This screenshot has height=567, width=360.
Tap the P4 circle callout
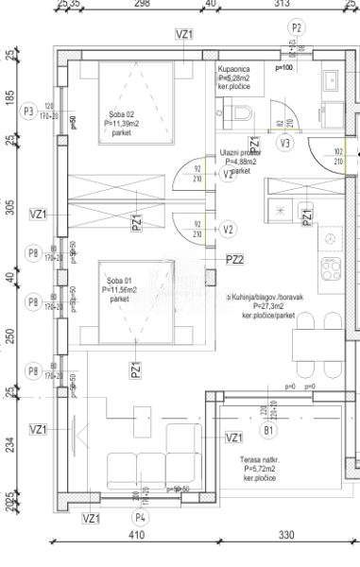(141, 518)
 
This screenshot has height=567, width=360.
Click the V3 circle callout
(285, 144)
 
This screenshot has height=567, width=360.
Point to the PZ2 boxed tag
(235, 259)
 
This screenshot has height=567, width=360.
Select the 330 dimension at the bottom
(286, 536)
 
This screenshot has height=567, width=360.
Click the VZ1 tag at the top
(184, 34)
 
